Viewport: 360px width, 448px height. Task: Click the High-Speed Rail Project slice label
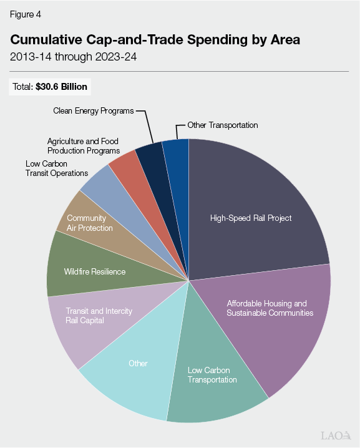coord(251,218)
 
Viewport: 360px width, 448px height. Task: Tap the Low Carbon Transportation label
coord(212,374)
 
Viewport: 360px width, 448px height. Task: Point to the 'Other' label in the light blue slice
coord(138,363)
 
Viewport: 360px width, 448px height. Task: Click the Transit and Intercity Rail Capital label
coord(99,316)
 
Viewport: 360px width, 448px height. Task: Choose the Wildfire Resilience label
coord(95,272)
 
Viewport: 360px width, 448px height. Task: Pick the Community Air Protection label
coord(90,223)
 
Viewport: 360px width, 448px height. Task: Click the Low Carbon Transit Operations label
coord(57,168)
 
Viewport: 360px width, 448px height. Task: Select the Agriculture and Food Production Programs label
coord(83,146)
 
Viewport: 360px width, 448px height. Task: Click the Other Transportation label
coord(223,125)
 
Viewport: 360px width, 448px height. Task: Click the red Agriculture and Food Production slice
coord(124,164)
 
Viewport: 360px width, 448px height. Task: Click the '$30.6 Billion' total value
coord(62,87)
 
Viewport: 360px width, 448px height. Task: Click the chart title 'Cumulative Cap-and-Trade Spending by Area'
coord(155,40)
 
